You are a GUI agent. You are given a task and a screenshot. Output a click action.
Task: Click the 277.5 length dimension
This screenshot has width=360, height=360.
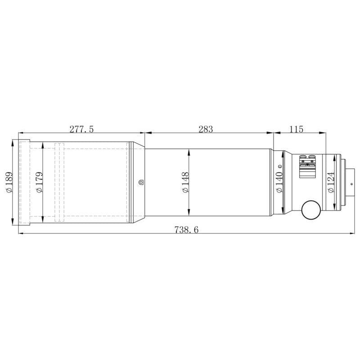(x=81, y=129)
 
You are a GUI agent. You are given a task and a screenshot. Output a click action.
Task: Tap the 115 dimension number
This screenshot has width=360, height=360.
(x=296, y=129)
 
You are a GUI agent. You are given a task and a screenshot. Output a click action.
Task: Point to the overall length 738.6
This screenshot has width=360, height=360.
(x=186, y=229)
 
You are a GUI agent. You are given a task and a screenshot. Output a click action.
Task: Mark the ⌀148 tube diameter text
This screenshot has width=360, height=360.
(x=186, y=183)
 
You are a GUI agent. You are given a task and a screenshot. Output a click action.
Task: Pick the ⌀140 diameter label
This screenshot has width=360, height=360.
(x=279, y=183)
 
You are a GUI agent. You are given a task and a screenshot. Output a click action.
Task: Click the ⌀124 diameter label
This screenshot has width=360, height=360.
(x=331, y=183)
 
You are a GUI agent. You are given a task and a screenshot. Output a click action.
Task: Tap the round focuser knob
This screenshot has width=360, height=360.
(x=310, y=209)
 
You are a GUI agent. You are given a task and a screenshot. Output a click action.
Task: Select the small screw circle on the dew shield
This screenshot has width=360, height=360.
(x=141, y=182)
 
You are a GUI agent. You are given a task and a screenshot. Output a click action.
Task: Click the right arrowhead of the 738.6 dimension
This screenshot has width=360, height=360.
(x=352, y=234)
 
